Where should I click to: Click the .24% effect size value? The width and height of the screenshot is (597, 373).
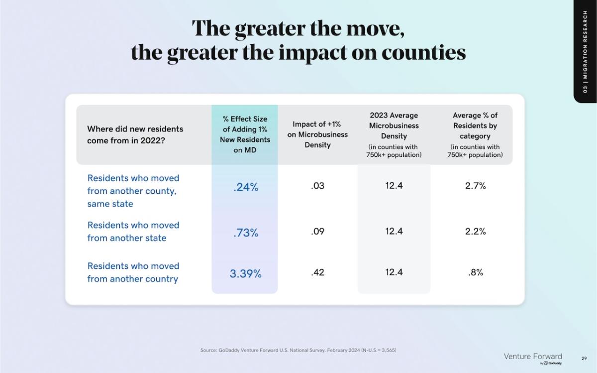[x=246, y=188]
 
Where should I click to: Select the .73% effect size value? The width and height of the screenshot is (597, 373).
[x=246, y=233]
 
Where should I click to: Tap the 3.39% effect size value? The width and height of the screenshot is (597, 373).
[x=245, y=274]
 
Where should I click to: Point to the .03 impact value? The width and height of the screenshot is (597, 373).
[x=317, y=186]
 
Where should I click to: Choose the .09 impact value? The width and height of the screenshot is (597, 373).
[x=317, y=231]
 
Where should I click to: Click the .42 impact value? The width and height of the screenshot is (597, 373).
[x=317, y=272]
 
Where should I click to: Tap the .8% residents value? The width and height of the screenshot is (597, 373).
[x=476, y=272]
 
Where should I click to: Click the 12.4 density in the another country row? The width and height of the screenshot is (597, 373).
[x=394, y=272]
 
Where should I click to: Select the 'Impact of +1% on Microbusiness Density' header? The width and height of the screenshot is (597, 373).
[x=317, y=134]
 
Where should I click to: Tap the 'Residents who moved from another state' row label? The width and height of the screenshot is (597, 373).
[x=133, y=232]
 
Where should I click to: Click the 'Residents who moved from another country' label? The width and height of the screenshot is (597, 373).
[x=133, y=272]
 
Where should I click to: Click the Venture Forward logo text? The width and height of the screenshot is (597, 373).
[x=533, y=357]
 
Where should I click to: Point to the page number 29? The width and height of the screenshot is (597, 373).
[x=584, y=358]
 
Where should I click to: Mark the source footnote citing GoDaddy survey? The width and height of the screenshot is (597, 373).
[x=298, y=350]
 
